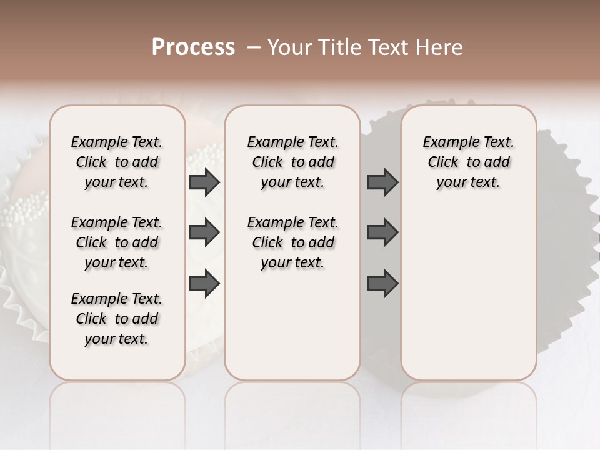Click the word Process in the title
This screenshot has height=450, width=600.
pyautogui.click(x=193, y=47)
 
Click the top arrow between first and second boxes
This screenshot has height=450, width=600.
pyautogui.click(x=204, y=182)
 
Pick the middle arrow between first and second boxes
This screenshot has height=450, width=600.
pyautogui.click(x=204, y=232)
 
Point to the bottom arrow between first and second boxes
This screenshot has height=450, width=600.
pyautogui.click(x=204, y=283)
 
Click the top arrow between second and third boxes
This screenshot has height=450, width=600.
pyautogui.click(x=382, y=182)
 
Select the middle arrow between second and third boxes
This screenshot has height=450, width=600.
pyautogui.click(x=382, y=232)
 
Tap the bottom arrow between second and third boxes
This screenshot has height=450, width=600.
pyautogui.click(x=382, y=283)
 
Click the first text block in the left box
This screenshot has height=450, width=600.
pyautogui.click(x=117, y=162)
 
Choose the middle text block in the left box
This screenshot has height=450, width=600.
pyautogui.click(x=117, y=242)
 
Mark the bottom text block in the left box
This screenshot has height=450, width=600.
pyautogui.click(x=117, y=319)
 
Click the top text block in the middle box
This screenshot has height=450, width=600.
pyautogui.click(x=292, y=162)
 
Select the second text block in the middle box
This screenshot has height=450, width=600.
pyautogui.click(x=292, y=242)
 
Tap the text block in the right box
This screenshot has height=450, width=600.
pyautogui.click(x=469, y=162)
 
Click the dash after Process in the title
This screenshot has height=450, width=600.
pyautogui.click(x=254, y=47)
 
